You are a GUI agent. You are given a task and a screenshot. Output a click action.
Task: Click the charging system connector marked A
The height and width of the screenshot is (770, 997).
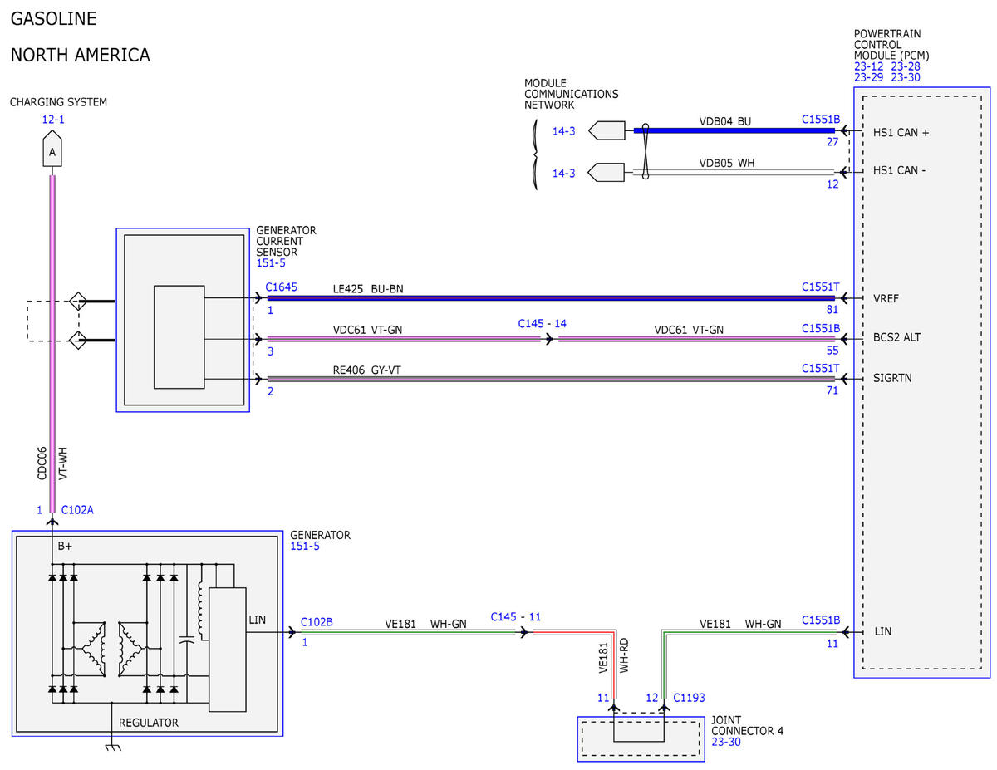click(52, 149)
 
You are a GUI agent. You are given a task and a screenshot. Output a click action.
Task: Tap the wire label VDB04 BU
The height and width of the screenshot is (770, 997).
click(724, 121)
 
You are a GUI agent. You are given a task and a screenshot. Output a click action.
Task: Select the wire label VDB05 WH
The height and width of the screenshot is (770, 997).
click(726, 164)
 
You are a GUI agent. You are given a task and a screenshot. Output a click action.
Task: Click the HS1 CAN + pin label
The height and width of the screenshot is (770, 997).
click(901, 133)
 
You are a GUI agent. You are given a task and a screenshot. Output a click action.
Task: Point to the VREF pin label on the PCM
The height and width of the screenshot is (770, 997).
click(886, 298)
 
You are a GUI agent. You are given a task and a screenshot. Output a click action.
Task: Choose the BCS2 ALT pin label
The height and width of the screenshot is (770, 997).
click(896, 337)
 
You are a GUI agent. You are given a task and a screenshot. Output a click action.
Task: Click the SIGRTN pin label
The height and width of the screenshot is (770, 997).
click(892, 378)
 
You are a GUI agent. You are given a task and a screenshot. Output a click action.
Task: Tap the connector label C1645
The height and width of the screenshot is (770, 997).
click(281, 287)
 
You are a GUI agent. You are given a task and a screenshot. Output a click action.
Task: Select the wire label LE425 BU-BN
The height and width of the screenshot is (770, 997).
click(368, 289)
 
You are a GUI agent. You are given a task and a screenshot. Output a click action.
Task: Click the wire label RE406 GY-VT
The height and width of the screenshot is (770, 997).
click(366, 370)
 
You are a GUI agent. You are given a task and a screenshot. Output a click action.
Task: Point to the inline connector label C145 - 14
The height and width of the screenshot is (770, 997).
click(542, 324)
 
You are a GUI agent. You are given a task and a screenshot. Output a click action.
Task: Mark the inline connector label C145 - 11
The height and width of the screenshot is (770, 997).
click(516, 617)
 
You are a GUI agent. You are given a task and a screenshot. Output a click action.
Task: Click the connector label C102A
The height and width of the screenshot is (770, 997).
click(77, 510)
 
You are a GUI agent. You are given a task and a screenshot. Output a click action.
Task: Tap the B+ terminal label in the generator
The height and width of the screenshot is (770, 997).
click(65, 547)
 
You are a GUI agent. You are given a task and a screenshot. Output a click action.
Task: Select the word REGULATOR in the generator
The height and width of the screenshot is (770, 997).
click(148, 723)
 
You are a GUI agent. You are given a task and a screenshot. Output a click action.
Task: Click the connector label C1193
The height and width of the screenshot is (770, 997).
click(689, 698)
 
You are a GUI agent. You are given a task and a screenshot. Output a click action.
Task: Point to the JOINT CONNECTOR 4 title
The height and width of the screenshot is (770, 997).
click(748, 725)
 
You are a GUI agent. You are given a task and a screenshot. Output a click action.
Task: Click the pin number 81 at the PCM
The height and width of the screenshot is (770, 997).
click(832, 310)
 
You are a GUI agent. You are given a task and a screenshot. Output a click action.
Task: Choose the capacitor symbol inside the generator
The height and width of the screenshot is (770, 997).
click(187, 640)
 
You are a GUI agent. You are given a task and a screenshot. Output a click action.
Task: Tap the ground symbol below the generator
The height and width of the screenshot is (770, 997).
click(113, 748)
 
